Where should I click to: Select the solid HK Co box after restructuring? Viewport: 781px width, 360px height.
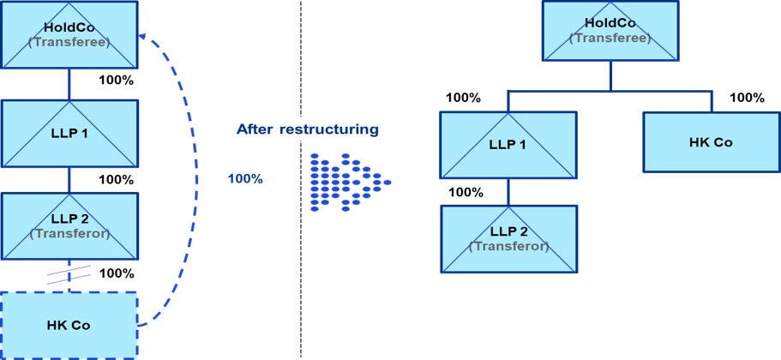[711, 142]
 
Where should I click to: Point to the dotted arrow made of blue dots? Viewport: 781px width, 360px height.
[347, 182]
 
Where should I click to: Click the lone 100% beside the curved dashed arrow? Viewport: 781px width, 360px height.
[245, 179]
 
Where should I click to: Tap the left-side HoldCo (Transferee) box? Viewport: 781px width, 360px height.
[69, 35]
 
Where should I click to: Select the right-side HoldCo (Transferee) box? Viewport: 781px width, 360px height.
[610, 30]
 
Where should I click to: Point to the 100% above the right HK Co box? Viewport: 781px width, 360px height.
[747, 98]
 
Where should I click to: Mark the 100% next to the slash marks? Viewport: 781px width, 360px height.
[117, 273]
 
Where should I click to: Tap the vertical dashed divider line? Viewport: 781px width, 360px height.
[301, 257]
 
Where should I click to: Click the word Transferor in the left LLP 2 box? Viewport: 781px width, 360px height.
[69, 233]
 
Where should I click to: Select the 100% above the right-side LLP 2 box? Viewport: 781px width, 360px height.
[466, 191]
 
